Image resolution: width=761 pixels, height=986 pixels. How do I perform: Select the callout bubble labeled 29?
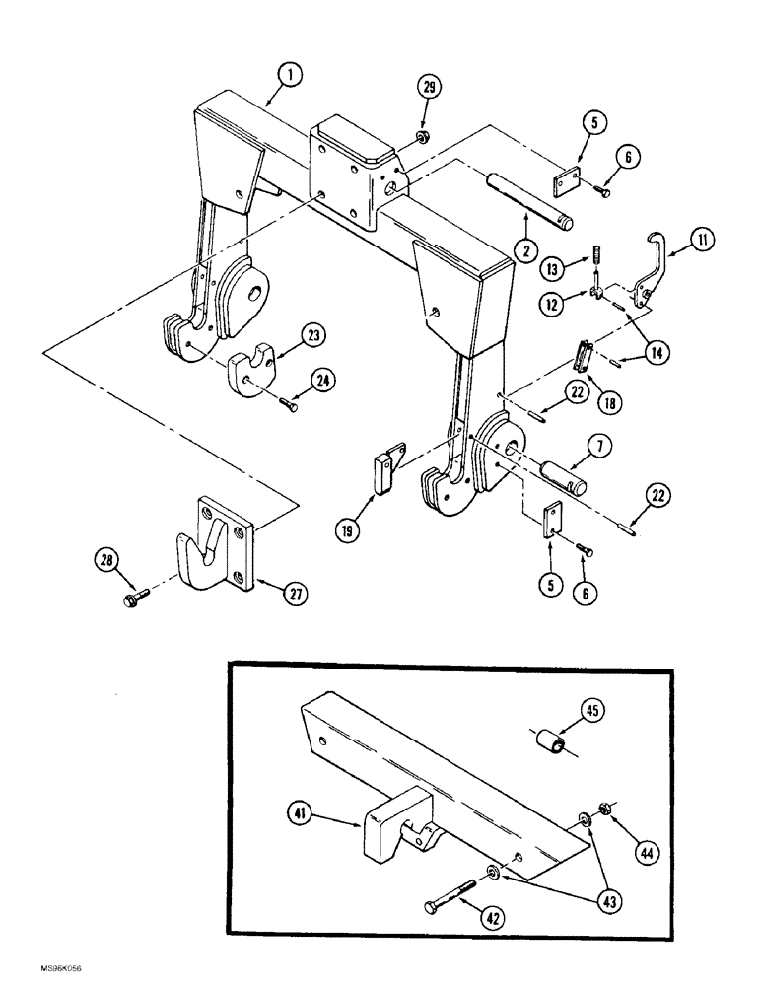pyautogui.click(x=429, y=89)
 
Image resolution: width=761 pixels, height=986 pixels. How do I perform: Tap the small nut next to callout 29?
pyautogui.click(x=419, y=135)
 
